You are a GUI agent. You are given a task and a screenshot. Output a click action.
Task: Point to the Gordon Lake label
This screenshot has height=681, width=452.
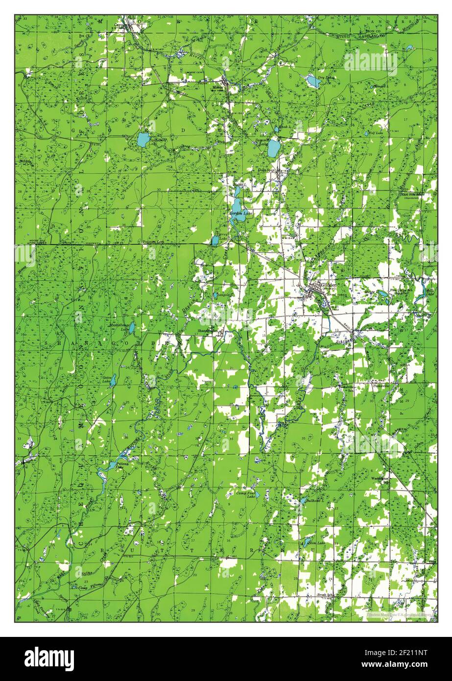(240, 214)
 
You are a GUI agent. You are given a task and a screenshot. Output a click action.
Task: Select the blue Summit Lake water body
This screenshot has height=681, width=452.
(274, 146)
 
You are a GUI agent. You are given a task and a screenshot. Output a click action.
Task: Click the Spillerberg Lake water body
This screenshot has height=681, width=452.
(143, 140)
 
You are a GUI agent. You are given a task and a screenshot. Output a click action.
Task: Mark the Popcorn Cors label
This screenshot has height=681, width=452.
(152, 242)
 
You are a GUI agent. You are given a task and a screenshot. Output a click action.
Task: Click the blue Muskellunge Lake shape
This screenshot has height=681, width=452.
(132, 327)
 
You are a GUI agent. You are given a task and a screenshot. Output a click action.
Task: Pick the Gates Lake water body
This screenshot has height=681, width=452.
(113, 380)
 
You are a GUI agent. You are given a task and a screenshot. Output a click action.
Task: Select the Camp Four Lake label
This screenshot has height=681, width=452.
(245, 494)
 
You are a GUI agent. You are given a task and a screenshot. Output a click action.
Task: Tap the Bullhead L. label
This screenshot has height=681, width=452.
(313, 501)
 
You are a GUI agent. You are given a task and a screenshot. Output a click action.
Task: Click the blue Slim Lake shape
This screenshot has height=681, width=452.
(306, 542)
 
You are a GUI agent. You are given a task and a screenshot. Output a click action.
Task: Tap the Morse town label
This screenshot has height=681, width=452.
(217, 88)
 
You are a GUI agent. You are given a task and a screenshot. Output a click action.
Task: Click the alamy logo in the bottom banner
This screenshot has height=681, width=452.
(49, 658)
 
